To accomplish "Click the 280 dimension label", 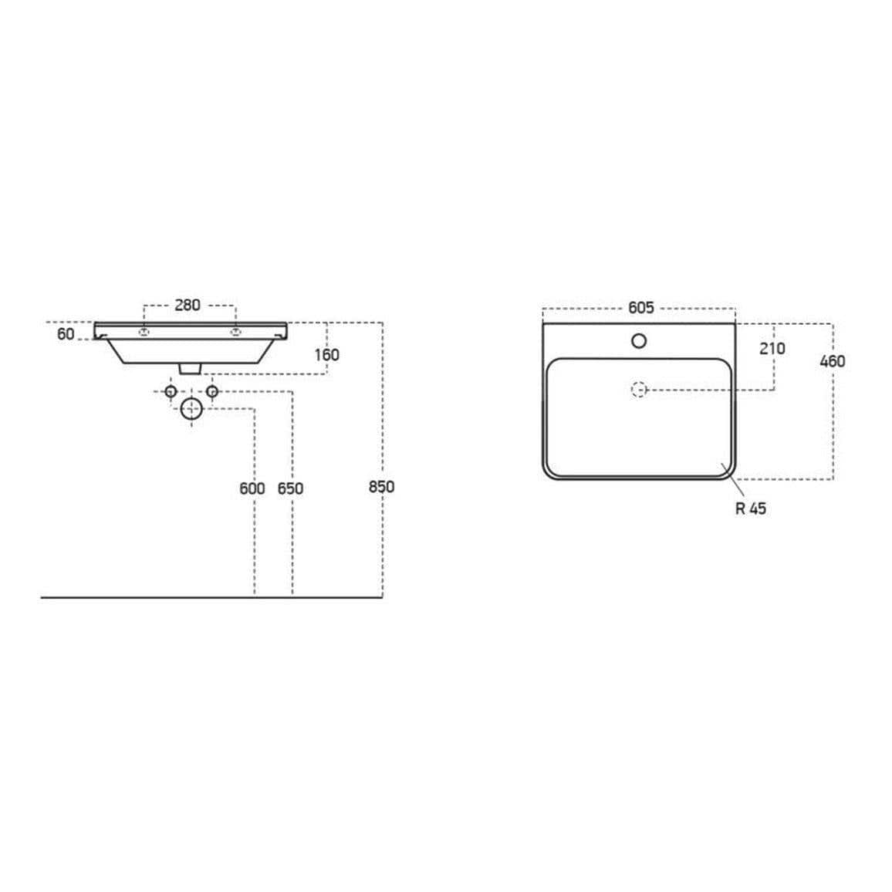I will coord(187,305).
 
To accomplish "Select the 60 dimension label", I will coord(66,334).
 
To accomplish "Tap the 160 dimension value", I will coord(326,355).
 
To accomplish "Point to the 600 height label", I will coord(252,488).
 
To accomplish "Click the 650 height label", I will coord(290,488).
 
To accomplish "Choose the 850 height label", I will coord(381,487).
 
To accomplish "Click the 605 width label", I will coord(640,308).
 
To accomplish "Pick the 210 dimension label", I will coord(772,348).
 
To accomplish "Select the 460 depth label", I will coord(832,361).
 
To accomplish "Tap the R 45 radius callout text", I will coord(751,509).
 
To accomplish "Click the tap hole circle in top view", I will coord(639,340).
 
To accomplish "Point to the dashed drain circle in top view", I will coord(638,390).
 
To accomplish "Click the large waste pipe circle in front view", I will coord(191,409).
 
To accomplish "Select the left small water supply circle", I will coord(171,392).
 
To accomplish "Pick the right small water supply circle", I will coord(212,392).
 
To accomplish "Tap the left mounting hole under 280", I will coord(143,332).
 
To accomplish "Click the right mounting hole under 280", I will coord(234,332).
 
